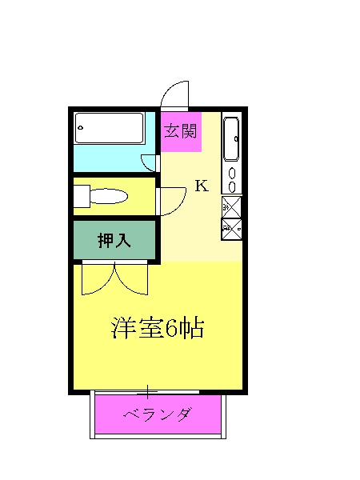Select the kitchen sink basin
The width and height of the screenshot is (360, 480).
(x=231, y=139)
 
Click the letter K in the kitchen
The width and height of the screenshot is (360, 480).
(x=202, y=186)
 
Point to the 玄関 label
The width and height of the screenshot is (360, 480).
(x=181, y=131)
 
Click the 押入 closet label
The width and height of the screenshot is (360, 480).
(x=114, y=241)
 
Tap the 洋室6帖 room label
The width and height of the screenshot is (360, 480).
(x=158, y=328)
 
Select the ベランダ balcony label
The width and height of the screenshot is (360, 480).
(x=158, y=414)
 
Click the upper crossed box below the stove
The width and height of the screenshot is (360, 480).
(x=230, y=206)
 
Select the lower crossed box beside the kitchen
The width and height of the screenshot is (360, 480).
(x=230, y=230)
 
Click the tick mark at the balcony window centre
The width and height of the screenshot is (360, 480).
(x=147, y=391)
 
